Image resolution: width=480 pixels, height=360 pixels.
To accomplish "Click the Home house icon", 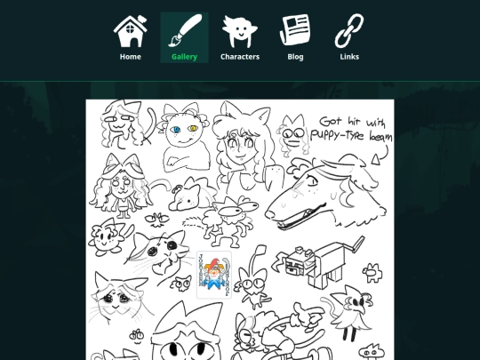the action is pos(130,31).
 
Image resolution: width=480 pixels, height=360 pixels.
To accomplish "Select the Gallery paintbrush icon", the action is pos(185,30).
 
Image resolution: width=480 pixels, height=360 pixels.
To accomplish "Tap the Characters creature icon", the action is pos(240,31).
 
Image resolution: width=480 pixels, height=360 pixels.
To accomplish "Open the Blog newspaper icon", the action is pos(295,30).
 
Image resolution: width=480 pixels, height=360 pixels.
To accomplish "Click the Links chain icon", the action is pos(349,31).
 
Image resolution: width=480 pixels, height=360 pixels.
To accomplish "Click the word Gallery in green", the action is pos(184,57).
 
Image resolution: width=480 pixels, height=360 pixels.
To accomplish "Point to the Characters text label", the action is pos(240,57).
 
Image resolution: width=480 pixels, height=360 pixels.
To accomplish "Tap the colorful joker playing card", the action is pos(214,275).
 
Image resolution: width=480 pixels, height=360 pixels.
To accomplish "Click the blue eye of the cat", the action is pos(176,130).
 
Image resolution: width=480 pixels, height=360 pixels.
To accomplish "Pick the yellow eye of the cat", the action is pos(193,129).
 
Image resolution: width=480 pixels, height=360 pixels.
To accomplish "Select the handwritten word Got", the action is pos(331,121).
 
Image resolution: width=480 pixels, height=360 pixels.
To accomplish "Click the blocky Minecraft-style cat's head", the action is pos(300,262).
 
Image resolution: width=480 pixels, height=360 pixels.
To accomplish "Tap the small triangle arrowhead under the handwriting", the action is pos(376,160).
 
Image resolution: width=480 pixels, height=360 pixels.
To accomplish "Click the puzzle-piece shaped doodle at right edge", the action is pos(372,272).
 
